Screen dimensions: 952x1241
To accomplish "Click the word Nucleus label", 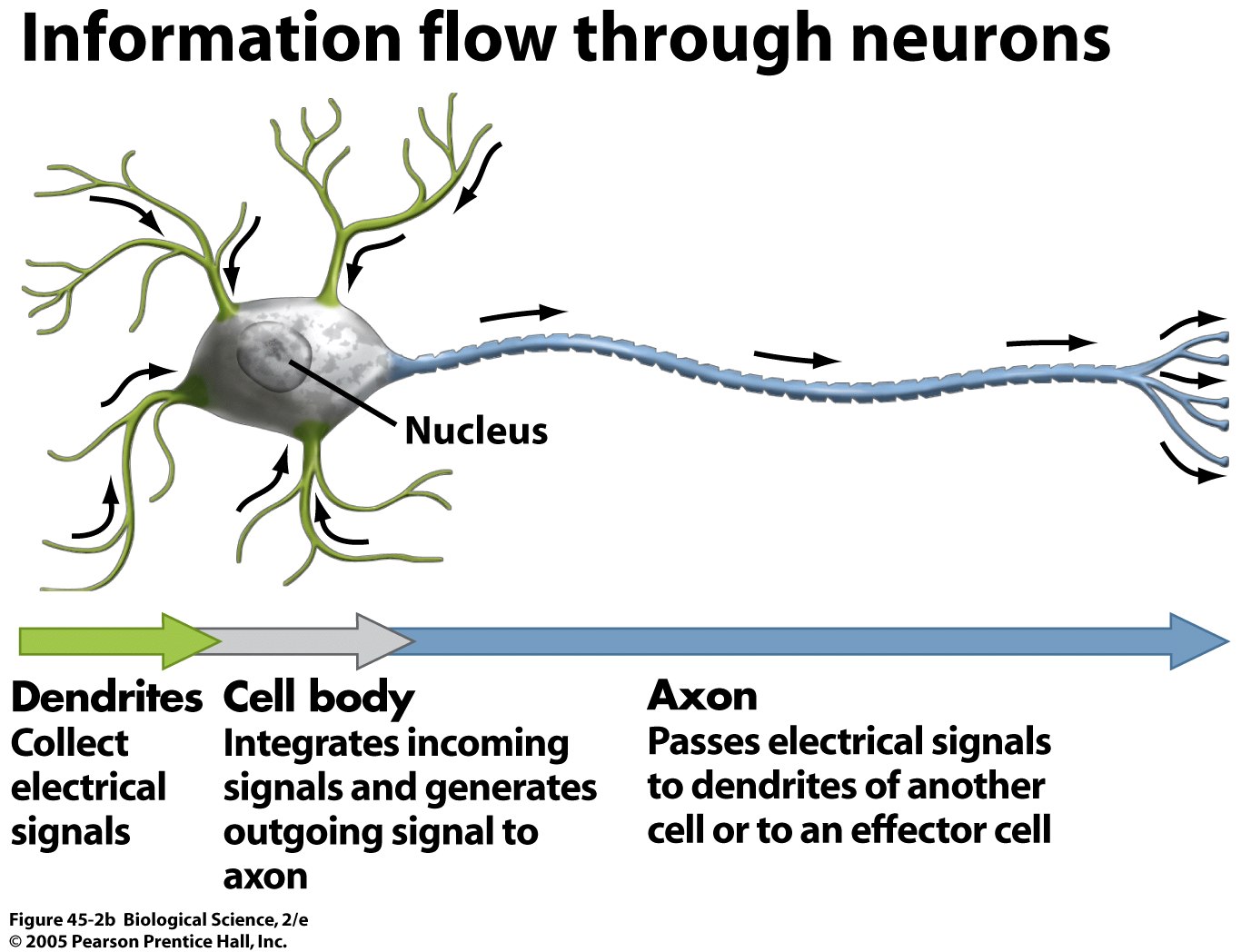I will click(476, 431).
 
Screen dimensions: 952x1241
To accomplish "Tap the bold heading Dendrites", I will click(106, 698).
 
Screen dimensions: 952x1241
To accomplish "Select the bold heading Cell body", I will click(318, 698).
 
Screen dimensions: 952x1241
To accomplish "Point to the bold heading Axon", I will click(702, 696).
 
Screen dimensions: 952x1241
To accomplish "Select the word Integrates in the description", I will click(292, 744).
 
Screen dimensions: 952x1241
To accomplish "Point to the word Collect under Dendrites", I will click(69, 743).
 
